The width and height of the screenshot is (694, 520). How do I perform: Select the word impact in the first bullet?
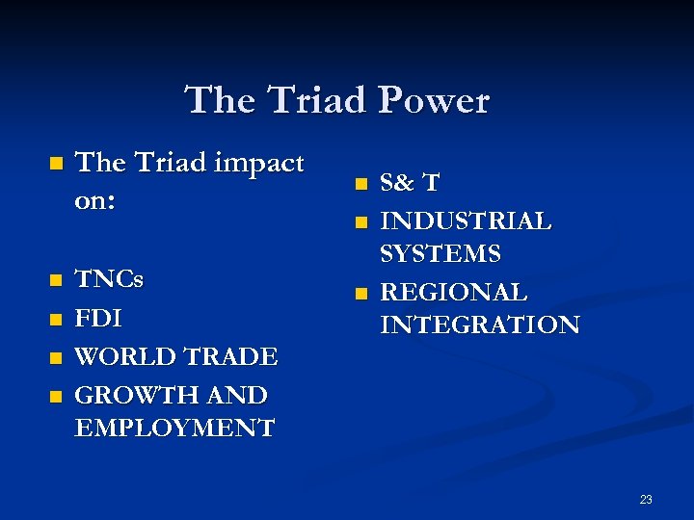click(255, 163)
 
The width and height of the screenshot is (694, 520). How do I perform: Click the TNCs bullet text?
click(108, 280)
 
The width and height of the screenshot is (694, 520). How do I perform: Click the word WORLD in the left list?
click(122, 356)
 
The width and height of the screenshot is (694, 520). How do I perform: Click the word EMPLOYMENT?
click(173, 428)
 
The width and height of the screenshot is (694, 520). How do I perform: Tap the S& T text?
click(411, 183)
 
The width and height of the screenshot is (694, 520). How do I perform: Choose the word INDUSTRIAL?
click(467, 221)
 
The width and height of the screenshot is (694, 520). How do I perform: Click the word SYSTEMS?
click(440, 254)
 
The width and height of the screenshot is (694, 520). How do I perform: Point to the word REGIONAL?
click(453, 292)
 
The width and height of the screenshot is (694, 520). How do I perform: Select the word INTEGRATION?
click(480, 325)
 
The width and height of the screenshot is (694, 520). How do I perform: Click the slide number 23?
click(645, 499)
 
